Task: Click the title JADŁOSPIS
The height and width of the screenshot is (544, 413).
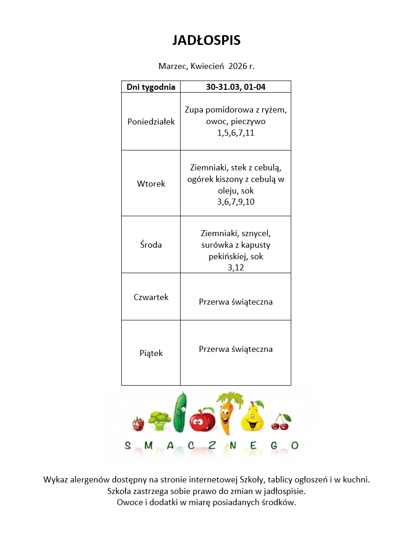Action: (x=206, y=41)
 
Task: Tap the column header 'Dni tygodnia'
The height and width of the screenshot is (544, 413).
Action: (x=151, y=87)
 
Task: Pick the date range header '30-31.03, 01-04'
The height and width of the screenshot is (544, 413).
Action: (x=236, y=87)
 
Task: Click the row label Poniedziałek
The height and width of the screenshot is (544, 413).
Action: (x=151, y=122)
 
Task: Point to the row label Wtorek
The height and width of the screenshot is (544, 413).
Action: (x=151, y=183)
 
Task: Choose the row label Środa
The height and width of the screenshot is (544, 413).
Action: (x=151, y=245)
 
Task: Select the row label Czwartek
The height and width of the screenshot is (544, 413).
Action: (x=151, y=297)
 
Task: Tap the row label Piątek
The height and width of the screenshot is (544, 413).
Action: (x=151, y=353)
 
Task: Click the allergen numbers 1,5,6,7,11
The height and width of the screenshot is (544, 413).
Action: (x=236, y=133)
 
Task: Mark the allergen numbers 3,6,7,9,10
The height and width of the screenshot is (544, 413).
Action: (x=236, y=202)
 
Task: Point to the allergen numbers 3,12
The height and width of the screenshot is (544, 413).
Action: (x=236, y=268)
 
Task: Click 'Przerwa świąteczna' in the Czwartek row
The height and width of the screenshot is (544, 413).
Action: (x=236, y=302)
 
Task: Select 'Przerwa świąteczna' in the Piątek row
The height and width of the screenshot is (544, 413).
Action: (x=236, y=349)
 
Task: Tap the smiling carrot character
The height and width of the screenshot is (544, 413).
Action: (x=226, y=413)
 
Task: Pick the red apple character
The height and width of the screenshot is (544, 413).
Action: (x=202, y=419)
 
